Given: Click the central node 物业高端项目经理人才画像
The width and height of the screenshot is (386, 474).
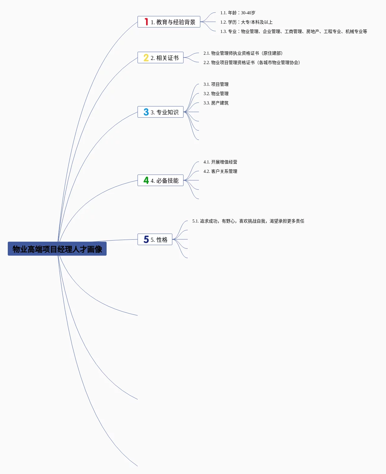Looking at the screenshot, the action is (x=57, y=249).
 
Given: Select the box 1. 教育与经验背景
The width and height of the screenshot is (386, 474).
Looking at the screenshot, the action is (x=169, y=22).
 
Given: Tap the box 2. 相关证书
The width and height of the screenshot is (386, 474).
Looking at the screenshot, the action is (x=160, y=58).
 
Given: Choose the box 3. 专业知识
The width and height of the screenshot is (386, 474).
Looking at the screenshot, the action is (x=160, y=112).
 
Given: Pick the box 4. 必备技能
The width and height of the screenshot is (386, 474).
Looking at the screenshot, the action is (x=160, y=180).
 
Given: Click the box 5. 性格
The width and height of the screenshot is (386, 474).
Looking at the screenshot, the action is (x=155, y=239).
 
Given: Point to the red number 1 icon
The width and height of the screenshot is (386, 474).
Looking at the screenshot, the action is (x=146, y=22).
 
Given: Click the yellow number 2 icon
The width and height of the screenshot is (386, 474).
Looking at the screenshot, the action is (x=146, y=58).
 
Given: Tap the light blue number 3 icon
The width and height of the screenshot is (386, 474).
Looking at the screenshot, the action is (x=146, y=112).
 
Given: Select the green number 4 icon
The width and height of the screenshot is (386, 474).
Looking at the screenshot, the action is (x=146, y=180).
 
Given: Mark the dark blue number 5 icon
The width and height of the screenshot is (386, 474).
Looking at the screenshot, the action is (x=146, y=239).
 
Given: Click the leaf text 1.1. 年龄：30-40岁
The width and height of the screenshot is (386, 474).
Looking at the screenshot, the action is (x=238, y=13).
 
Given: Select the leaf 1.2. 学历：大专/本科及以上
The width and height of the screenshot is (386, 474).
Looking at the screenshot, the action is (x=246, y=22).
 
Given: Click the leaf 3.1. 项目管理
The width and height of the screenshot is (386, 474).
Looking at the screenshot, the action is (x=216, y=84).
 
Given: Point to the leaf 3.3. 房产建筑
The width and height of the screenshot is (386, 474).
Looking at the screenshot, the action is (x=216, y=103).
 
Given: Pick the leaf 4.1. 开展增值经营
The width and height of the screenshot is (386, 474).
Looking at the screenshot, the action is (x=220, y=162).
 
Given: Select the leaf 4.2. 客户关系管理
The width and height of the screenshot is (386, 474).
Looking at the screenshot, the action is (x=220, y=171).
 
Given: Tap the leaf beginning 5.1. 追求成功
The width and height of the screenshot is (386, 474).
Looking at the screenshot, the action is (x=248, y=221).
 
